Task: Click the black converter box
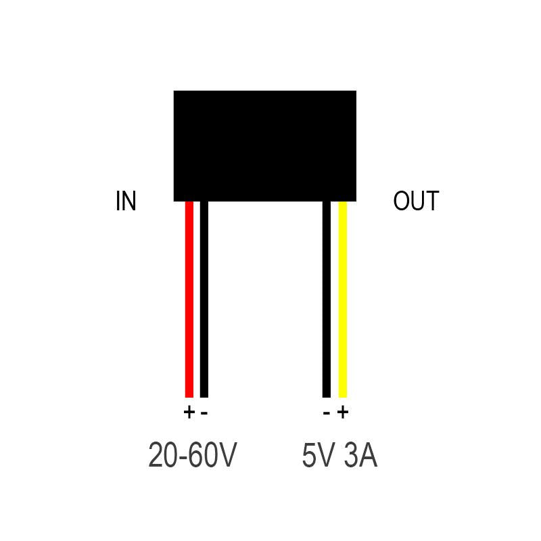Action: click(264, 146)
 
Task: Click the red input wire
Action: click(189, 300)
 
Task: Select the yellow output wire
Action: click(342, 300)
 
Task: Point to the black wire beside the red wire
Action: click(204, 300)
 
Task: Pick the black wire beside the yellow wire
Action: click(327, 300)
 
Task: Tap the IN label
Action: click(126, 201)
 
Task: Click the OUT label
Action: click(416, 201)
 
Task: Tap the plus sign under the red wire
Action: click(189, 413)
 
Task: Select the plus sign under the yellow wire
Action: click(343, 413)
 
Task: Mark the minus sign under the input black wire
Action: click(204, 413)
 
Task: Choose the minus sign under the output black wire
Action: click(327, 413)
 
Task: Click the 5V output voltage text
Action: click(318, 455)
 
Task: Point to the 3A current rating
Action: click(360, 455)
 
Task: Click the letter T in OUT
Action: click(432, 201)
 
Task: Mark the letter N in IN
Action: click(129, 201)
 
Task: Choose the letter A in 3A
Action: click(369, 455)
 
